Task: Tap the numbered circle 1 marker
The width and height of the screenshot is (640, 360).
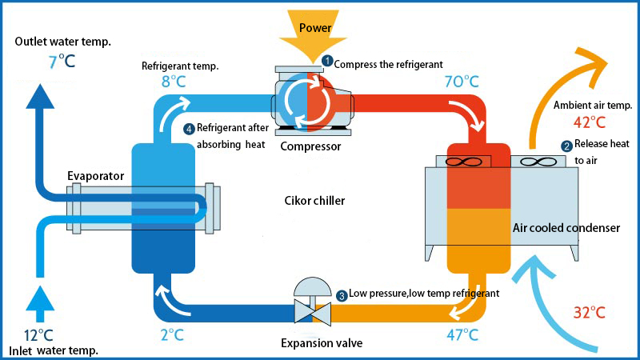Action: [326, 61]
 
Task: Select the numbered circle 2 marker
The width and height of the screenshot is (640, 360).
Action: [566, 146]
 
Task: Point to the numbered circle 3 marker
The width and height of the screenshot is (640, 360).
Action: [342, 295]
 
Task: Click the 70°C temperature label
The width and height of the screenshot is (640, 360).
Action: [461, 81]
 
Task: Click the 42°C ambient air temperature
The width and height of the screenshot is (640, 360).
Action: [590, 122]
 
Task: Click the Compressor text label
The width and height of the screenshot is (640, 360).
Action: [310, 146]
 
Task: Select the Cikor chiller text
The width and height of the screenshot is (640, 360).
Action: [314, 201]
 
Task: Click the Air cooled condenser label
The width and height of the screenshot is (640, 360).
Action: [566, 228]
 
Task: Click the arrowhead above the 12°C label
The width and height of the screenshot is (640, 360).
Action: [36, 302]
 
